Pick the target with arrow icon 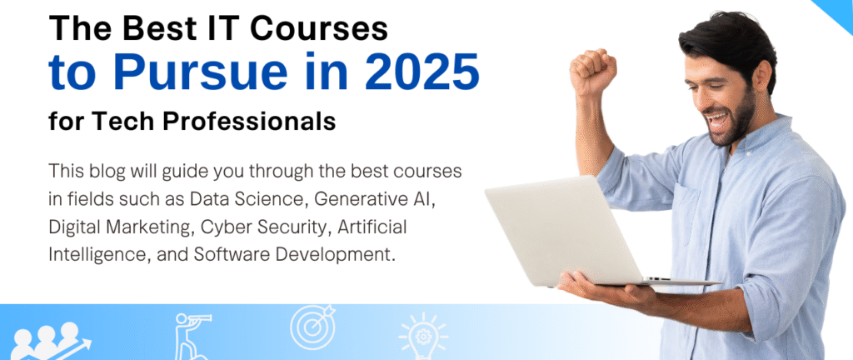(312, 327)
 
